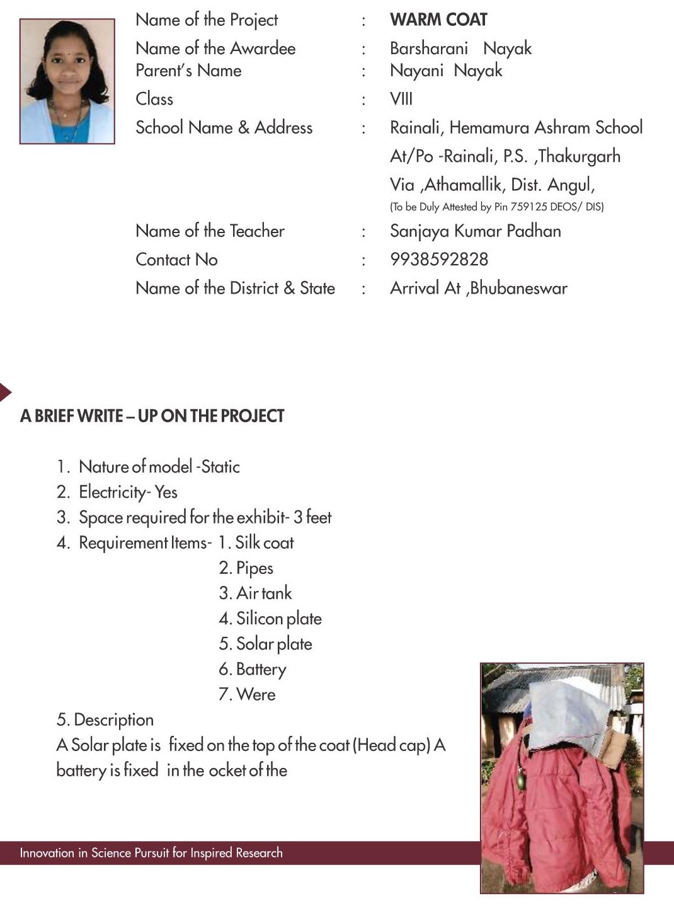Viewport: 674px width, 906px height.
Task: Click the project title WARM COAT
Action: click(438, 20)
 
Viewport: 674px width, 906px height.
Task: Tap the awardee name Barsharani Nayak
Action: click(460, 49)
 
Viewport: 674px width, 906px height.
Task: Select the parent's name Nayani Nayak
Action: click(446, 71)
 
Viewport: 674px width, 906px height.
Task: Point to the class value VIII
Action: click(401, 99)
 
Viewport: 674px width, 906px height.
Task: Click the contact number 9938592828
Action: click(439, 260)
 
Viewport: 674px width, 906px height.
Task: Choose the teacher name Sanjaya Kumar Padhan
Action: click(475, 231)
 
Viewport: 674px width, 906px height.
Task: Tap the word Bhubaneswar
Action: click(518, 289)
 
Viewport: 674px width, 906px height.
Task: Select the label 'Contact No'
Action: click(176, 260)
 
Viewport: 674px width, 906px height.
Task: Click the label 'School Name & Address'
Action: click(224, 128)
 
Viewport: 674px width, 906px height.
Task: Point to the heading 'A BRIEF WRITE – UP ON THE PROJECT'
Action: click(152, 416)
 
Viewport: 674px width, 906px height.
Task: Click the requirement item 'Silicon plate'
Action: click(278, 619)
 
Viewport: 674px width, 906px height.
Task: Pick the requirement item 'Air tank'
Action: click(263, 593)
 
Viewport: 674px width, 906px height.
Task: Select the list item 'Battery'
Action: click(260, 669)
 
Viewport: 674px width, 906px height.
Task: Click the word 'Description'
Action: click(113, 720)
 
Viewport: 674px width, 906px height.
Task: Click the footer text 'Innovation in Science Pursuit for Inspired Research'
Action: click(151, 853)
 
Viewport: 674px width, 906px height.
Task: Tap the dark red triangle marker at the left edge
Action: click(4, 393)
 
